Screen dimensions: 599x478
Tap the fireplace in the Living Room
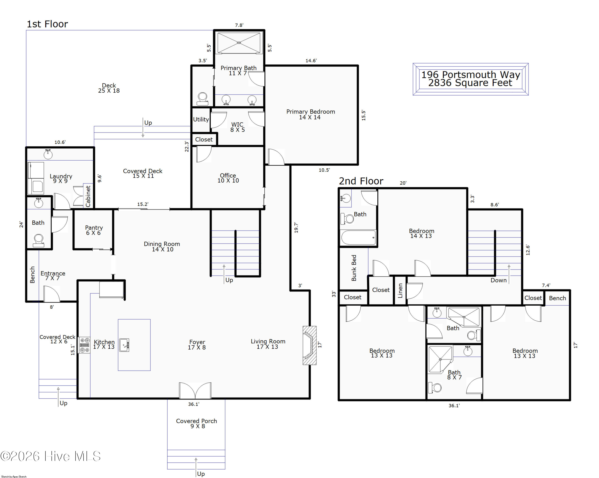[309, 345]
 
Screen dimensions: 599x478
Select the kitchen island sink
[124, 345]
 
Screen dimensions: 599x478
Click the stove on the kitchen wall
[84, 345]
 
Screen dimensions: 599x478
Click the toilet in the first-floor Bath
[38, 240]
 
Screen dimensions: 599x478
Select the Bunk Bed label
[354, 268]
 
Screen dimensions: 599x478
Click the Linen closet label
[400, 291]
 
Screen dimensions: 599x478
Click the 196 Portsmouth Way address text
[471, 75]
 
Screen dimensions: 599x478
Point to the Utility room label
[201, 119]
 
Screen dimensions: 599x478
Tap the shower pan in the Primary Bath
[239, 43]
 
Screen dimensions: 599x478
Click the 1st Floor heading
[47, 24]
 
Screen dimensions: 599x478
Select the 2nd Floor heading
[361, 181]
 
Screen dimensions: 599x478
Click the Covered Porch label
[196, 421]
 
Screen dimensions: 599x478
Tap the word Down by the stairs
[498, 280]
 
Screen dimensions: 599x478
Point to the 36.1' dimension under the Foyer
[194, 404]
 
